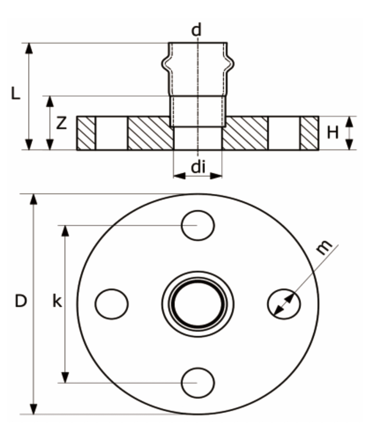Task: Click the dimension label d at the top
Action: click(196, 30)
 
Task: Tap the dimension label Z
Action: click(61, 123)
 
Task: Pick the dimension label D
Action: click(21, 301)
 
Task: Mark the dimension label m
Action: click(324, 247)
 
